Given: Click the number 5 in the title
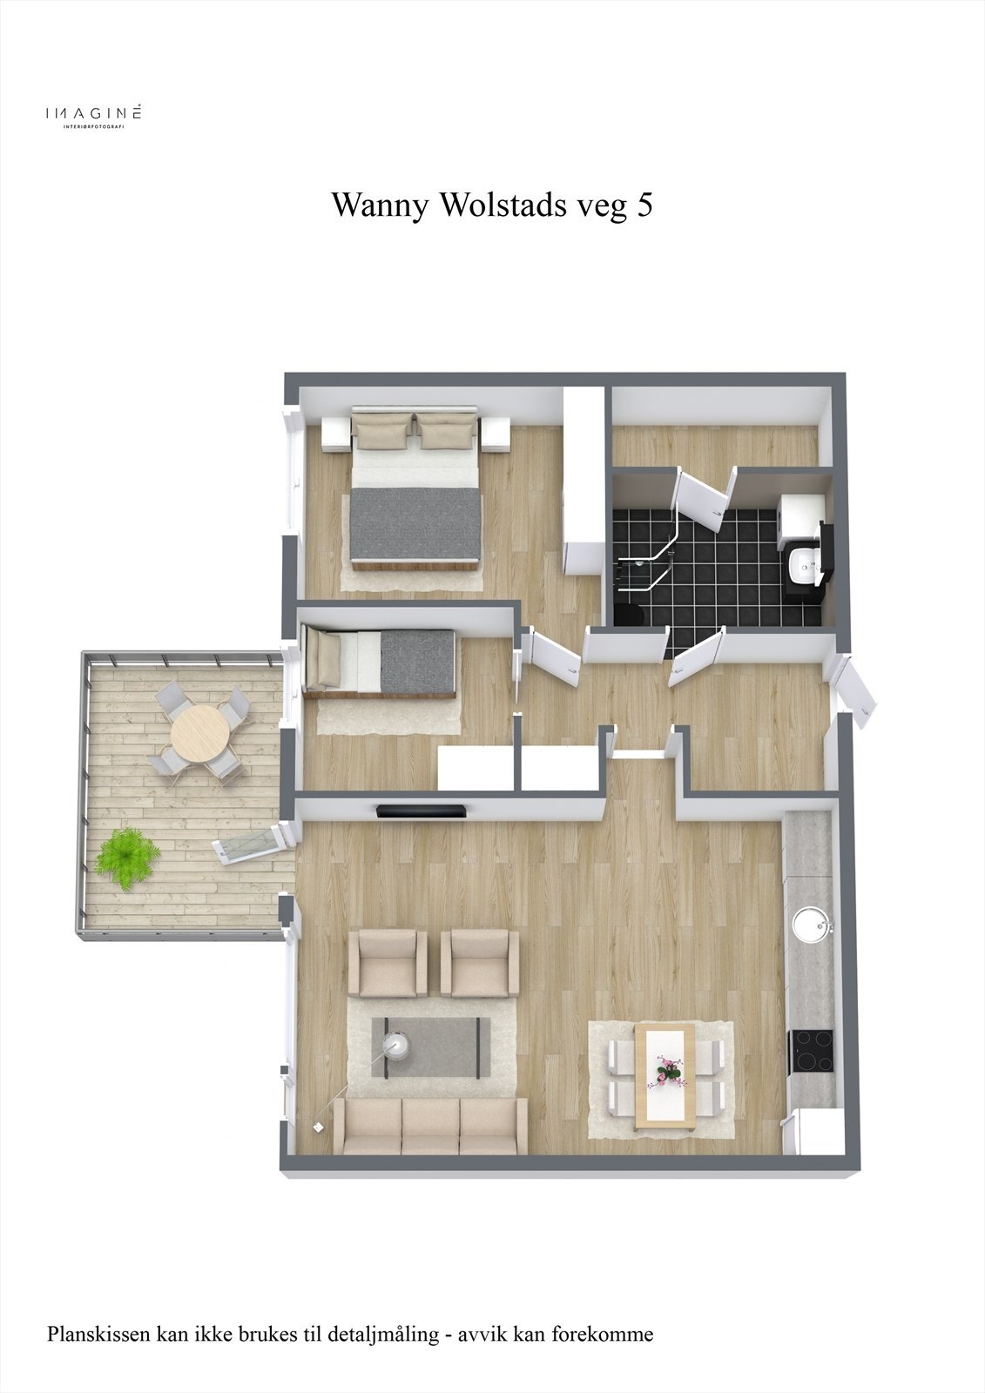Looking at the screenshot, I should [x=644, y=205].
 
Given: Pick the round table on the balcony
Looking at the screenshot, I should [x=199, y=734].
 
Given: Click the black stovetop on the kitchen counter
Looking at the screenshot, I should [x=811, y=1052].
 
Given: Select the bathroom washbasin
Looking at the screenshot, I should [x=800, y=567].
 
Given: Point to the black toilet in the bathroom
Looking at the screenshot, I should [x=628, y=612].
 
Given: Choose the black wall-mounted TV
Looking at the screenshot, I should [x=420, y=812].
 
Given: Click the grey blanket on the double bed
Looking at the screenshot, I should [x=416, y=524].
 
